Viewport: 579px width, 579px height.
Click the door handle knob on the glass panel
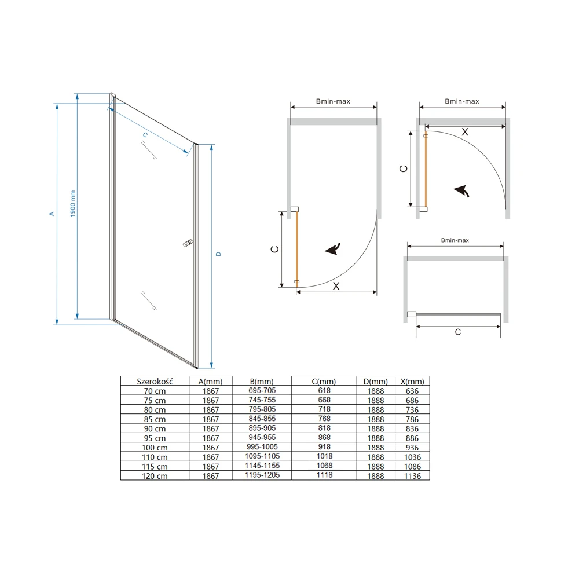click(188, 243)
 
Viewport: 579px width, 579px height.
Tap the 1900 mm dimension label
click(73, 204)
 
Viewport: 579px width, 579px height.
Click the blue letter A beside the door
click(52, 214)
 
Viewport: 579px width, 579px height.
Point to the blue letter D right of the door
click(219, 254)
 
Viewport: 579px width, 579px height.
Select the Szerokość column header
click(155, 382)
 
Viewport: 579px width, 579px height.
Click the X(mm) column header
click(412, 382)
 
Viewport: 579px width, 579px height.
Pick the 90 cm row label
click(155, 428)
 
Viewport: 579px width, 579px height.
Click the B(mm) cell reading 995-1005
click(262, 447)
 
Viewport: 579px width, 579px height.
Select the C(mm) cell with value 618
click(324, 390)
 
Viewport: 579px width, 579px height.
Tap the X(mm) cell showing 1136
click(412, 476)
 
